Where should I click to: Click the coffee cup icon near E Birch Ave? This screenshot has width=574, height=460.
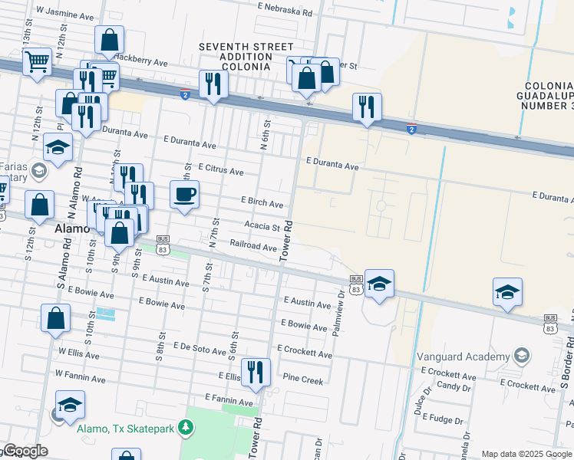[184, 195]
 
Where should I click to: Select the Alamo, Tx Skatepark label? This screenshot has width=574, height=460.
[124, 429]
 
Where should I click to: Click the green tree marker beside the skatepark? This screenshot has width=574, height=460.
[183, 426]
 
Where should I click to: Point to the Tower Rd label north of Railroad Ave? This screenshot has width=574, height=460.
[288, 241]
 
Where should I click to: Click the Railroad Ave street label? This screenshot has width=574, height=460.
[253, 247]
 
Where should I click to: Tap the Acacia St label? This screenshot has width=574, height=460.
[262, 226]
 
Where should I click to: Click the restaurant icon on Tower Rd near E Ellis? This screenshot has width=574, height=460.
[256, 372]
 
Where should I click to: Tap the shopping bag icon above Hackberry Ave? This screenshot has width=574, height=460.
[110, 39]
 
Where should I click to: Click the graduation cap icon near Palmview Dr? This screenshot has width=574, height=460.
[379, 284]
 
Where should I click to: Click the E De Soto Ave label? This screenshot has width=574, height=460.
[202, 347]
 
